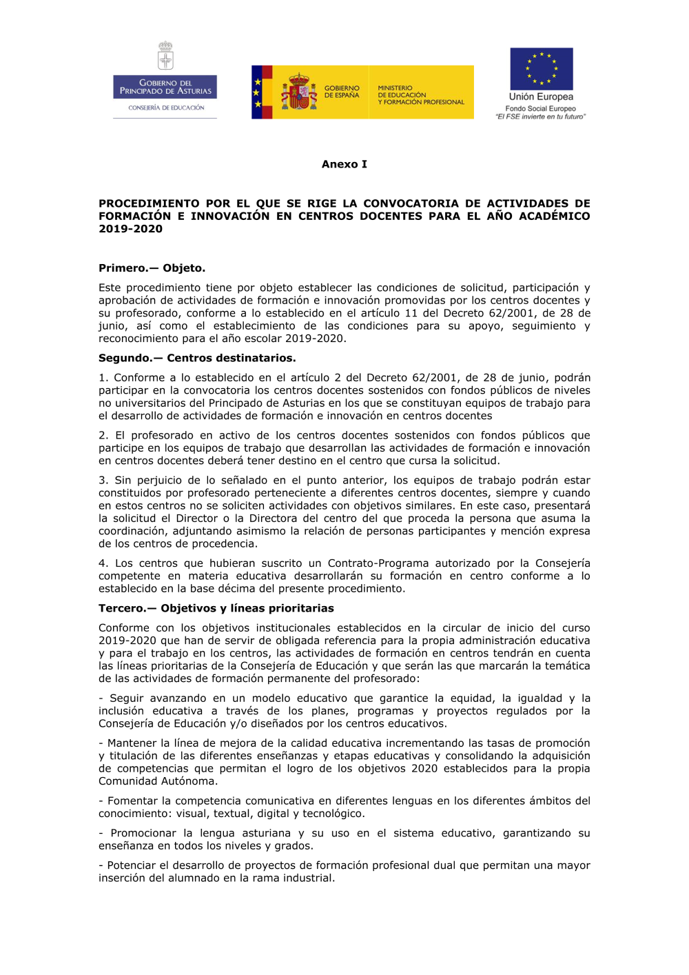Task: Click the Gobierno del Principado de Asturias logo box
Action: pos(165,87)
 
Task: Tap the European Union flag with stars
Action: pos(541,69)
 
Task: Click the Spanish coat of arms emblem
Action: pos(298,92)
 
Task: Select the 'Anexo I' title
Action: pos(344,164)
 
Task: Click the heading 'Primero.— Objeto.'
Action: pos(152,268)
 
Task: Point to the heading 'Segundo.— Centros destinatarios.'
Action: pos(197,358)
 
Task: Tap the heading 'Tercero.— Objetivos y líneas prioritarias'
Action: pos(216,608)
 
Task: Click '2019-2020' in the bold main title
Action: pos(131,229)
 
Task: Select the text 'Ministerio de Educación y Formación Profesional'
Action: pos(420,95)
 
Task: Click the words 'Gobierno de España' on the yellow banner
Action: pos(342,92)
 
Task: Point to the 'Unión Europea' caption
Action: pos(541,97)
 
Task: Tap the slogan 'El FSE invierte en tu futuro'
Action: pos(541,117)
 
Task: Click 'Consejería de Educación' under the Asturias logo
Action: pos(166,108)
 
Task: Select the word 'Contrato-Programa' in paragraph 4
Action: pos(378,563)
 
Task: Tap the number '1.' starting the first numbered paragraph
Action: pos(103,377)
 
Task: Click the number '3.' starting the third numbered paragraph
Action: pos(103,480)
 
